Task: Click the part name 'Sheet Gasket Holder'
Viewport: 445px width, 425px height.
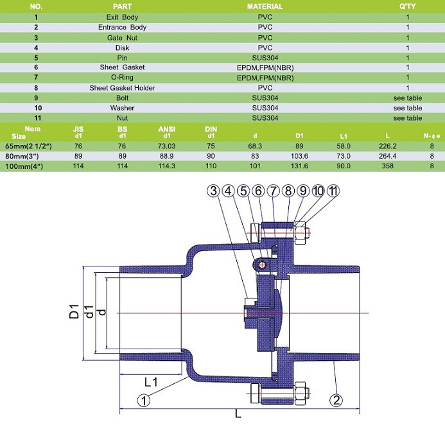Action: pyautogui.click(x=122, y=88)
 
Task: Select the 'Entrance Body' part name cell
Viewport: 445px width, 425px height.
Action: pyautogui.click(x=122, y=27)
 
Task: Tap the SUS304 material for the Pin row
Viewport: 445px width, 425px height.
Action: pyautogui.click(x=265, y=58)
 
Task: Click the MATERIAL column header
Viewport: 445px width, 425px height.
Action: pyautogui.click(x=265, y=6)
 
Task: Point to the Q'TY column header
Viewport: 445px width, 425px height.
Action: pyautogui.click(x=408, y=6)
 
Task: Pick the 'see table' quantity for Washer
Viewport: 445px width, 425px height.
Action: pyautogui.click(x=408, y=108)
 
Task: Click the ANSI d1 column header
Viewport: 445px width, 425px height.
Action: pyautogui.click(x=167, y=132)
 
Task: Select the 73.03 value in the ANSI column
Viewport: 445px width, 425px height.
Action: pyautogui.click(x=167, y=146)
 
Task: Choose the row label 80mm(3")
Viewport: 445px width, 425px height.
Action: pyautogui.click(x=22, y=156)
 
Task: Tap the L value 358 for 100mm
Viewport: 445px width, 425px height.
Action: pyautogui.click(x=388, y=166)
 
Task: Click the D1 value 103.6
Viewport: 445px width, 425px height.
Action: pyautogui.click(x=299, y=156)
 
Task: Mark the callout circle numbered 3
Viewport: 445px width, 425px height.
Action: pyautogui.click(x=213, y=191)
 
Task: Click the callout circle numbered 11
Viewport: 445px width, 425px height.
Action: pyautogui.click(x=333, y=191)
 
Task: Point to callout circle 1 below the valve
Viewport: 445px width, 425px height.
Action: pyautogui.click(x=144, y=401)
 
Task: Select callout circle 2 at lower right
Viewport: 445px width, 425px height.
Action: pyautogui.click(x=336, y=401)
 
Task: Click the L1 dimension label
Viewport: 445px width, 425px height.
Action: pyautogui.click(x=151, y=382)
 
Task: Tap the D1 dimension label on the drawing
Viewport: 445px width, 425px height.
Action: pyautogui.click(x=74, y=311)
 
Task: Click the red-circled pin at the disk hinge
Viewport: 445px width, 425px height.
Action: pyautogui.click(x=262, y=265)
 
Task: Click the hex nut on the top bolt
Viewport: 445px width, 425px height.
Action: pyautogui.click(x=300, y=233)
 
